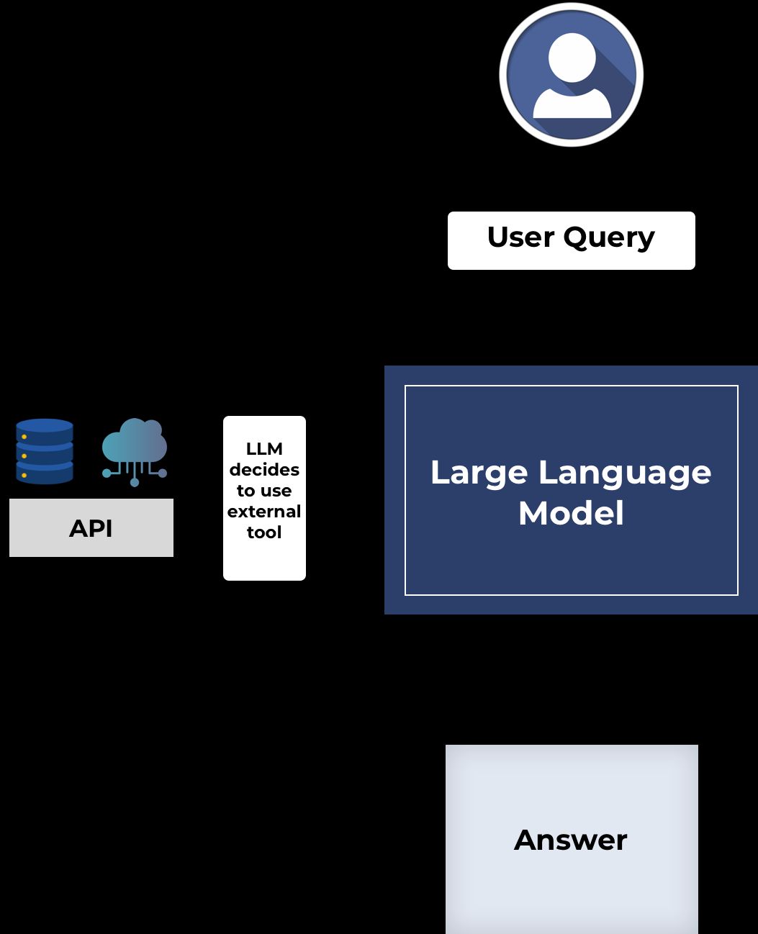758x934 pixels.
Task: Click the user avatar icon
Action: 571,75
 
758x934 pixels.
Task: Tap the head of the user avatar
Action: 572,57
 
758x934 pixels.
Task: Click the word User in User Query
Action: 520,237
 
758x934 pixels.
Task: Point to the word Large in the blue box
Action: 479,473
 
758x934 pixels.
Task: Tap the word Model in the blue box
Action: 571,514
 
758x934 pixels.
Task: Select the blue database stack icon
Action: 45,451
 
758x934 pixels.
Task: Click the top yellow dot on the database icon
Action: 24,437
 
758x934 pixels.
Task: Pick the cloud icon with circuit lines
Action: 135,450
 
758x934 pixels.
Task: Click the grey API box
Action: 91,528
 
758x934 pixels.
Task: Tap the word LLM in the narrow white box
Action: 264,449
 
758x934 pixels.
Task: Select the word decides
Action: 264,470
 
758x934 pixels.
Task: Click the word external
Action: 264,512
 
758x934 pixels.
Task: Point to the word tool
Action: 264,532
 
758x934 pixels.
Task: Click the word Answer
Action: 571,840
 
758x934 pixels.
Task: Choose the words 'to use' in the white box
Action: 264,491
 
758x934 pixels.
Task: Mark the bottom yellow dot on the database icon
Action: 24,475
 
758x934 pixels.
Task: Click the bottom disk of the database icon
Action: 45,474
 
